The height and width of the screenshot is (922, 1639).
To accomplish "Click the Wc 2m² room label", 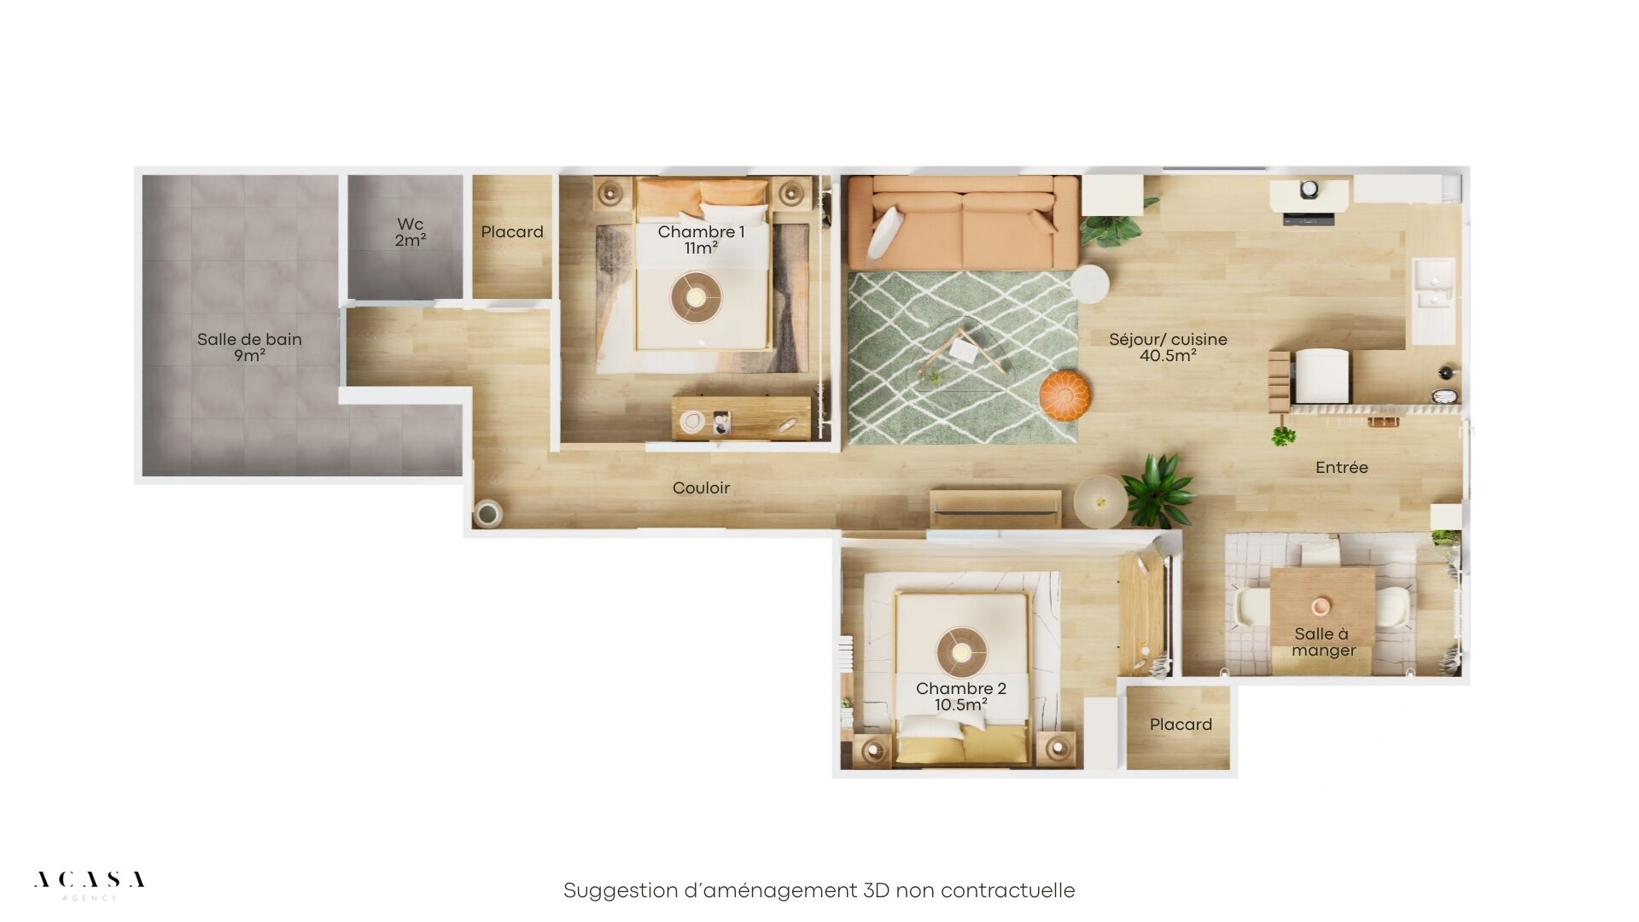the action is (x=411, y=232).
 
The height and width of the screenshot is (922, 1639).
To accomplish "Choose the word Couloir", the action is (x=702, y=488).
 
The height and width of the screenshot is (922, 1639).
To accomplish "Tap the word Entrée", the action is (x=1342, y=467).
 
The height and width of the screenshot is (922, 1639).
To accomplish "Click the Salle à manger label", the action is (x=1323, y=642).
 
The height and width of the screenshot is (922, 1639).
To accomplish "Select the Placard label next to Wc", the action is (x=512, y=232).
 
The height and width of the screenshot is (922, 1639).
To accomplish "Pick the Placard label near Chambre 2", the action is (x=1181, y=725).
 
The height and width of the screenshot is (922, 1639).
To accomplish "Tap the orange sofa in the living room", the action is (x=963, y=222).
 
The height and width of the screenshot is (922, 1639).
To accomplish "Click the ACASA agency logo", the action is (x=89, y=884).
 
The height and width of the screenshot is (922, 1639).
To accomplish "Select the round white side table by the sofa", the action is (x=1090, y=283).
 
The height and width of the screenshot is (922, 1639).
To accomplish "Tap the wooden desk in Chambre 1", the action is (x=741, y=417).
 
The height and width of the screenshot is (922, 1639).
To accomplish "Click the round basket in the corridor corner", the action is (x=488, y=512).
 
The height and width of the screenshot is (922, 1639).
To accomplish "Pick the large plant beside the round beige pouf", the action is (x=1158, y=491).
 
